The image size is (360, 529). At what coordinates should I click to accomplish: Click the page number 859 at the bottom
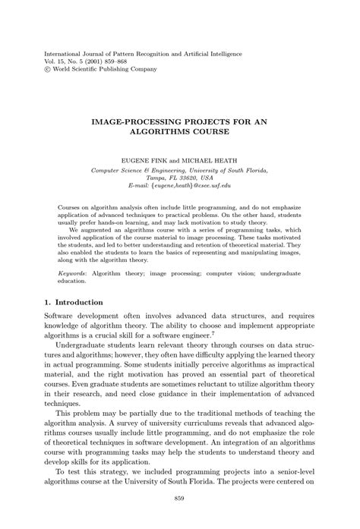pyautogui.click(x=180, y=498)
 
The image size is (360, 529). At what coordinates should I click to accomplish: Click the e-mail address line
pyautogui.click(x=180, y=185)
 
